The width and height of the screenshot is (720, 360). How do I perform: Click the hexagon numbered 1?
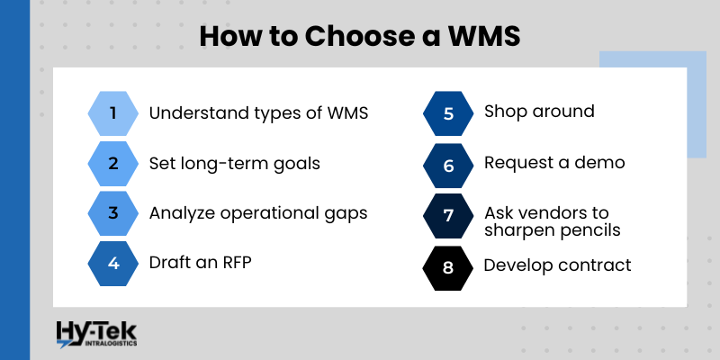click(113, 113)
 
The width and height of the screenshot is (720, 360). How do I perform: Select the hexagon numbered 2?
click(113, 164)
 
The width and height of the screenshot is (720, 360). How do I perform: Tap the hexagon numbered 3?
click(113, 213)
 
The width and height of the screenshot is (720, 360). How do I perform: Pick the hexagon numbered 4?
click(113, 264)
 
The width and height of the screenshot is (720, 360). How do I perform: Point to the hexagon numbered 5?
click(448, 113)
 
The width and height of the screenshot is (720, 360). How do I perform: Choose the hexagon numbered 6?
click(448, 165)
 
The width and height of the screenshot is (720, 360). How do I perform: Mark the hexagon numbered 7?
click(448, 216)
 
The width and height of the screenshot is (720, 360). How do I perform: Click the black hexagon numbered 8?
click(448, 267)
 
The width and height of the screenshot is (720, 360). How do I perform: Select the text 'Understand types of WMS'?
click(258, 113)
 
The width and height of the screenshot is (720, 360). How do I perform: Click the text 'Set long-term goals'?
click(234, 164)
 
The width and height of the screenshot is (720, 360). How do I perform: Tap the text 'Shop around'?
click(539, 112)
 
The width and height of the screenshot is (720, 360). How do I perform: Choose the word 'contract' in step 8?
click(598, 265)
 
